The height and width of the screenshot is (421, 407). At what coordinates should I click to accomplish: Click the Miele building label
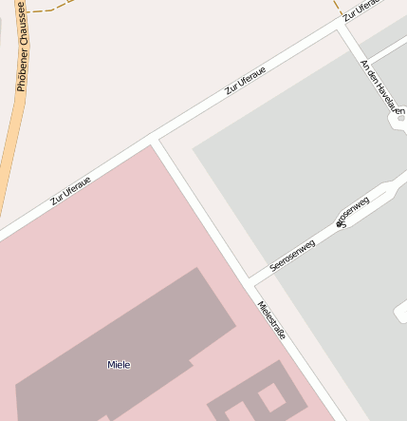click(x=119, y=365)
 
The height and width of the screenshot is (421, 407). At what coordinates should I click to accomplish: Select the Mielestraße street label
click(x=272, y=321)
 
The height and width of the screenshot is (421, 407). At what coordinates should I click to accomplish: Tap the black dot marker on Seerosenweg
click(x=339, y=224)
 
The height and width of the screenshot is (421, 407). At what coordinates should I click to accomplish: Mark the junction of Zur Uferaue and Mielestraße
click(x=154, y=144)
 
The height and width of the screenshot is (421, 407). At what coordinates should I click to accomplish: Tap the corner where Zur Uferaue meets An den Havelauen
click(x=340, y=29)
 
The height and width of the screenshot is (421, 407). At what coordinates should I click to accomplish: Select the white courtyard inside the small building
click(x=271, y=396)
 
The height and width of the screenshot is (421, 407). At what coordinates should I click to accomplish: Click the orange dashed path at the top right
click(x=337, y=8)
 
